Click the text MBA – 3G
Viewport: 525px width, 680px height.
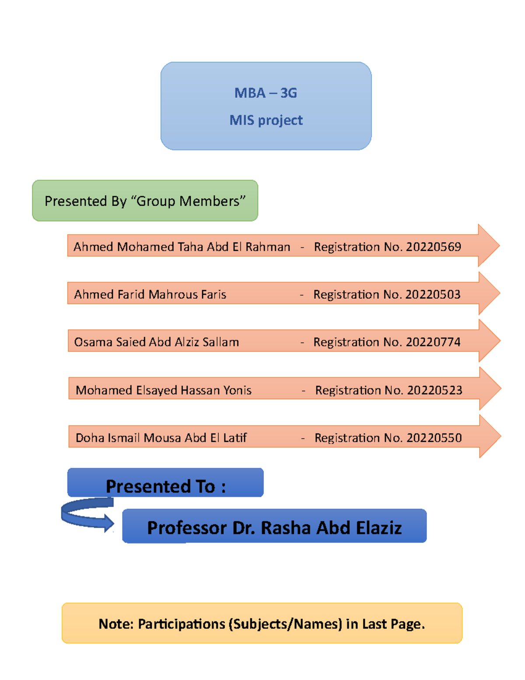click(x=266, y=93)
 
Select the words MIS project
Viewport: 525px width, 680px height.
click(x=266, y=120)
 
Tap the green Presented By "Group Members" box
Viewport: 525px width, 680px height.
click(x=145, y=201)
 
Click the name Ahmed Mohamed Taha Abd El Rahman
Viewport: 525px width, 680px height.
click(x=182, y=247)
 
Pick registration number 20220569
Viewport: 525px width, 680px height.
click(x=433, y=247)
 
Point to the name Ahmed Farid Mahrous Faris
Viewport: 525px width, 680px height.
click(x=150, y=294)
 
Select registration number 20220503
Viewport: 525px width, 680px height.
click(x=433, y=294)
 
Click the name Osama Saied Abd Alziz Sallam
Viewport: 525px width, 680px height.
click(x=157, y=342)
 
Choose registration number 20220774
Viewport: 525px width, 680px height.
click(x=433, y=342)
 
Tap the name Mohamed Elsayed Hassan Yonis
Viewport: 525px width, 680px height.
click(x=164, y=390)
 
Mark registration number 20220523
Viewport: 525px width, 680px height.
click(x=434, y=390)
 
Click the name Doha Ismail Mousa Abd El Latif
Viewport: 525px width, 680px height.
click(x=161, y=438)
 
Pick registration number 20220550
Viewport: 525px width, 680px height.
click(x=434, y=438)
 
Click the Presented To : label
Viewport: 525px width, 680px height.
click(x=166, y=486)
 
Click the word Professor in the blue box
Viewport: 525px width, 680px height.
click(x=187, y=528)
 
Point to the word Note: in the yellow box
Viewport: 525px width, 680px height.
click(x=116, y=624)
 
